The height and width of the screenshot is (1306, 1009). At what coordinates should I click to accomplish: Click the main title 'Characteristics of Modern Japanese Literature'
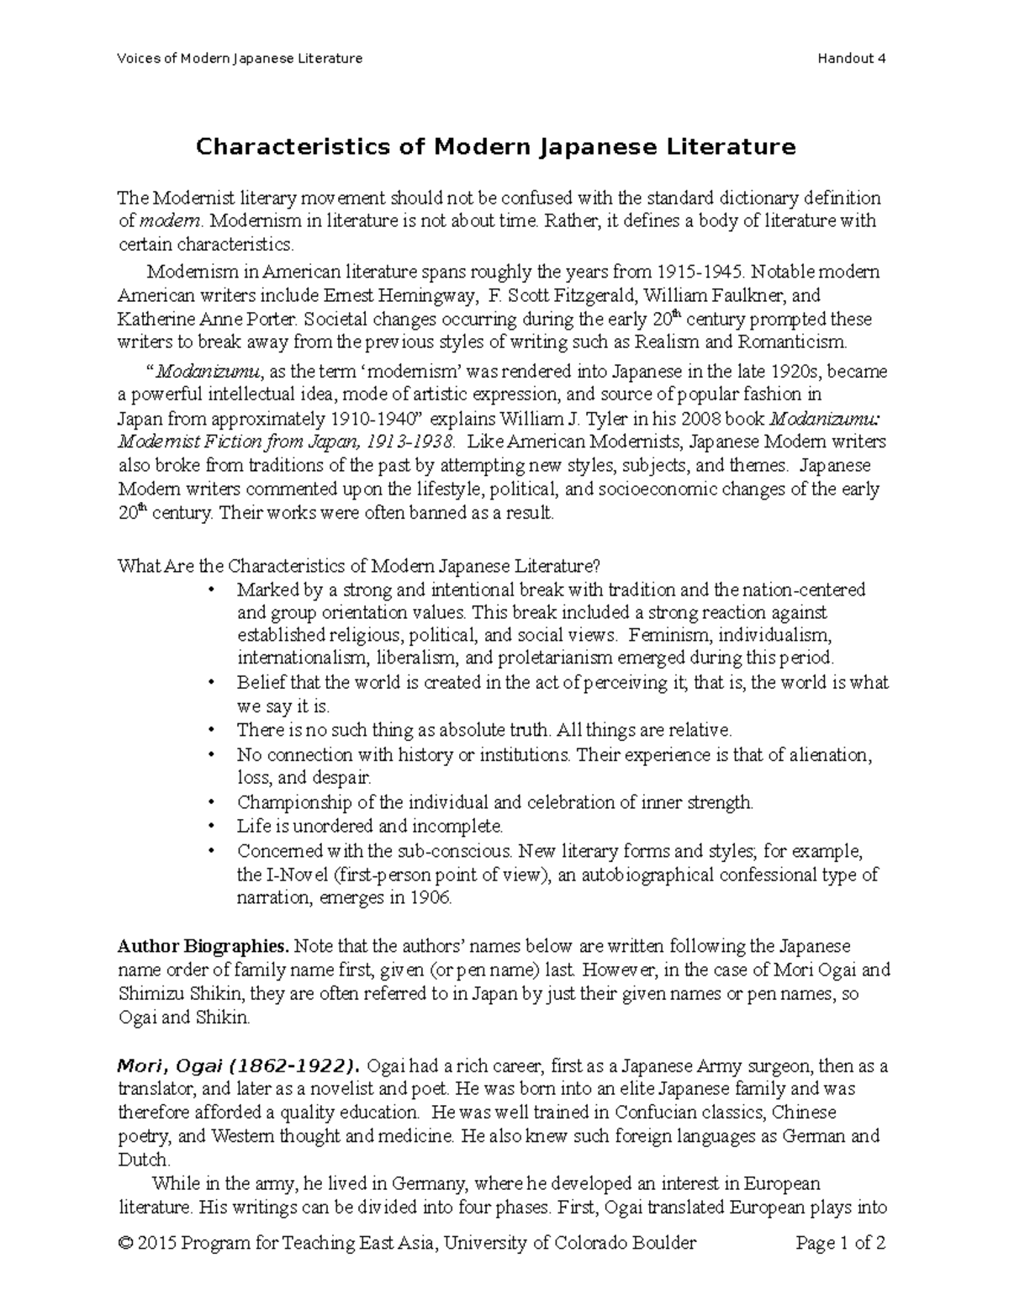click(495, 147)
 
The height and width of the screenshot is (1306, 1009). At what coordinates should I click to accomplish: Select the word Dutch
click(140, 1160)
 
